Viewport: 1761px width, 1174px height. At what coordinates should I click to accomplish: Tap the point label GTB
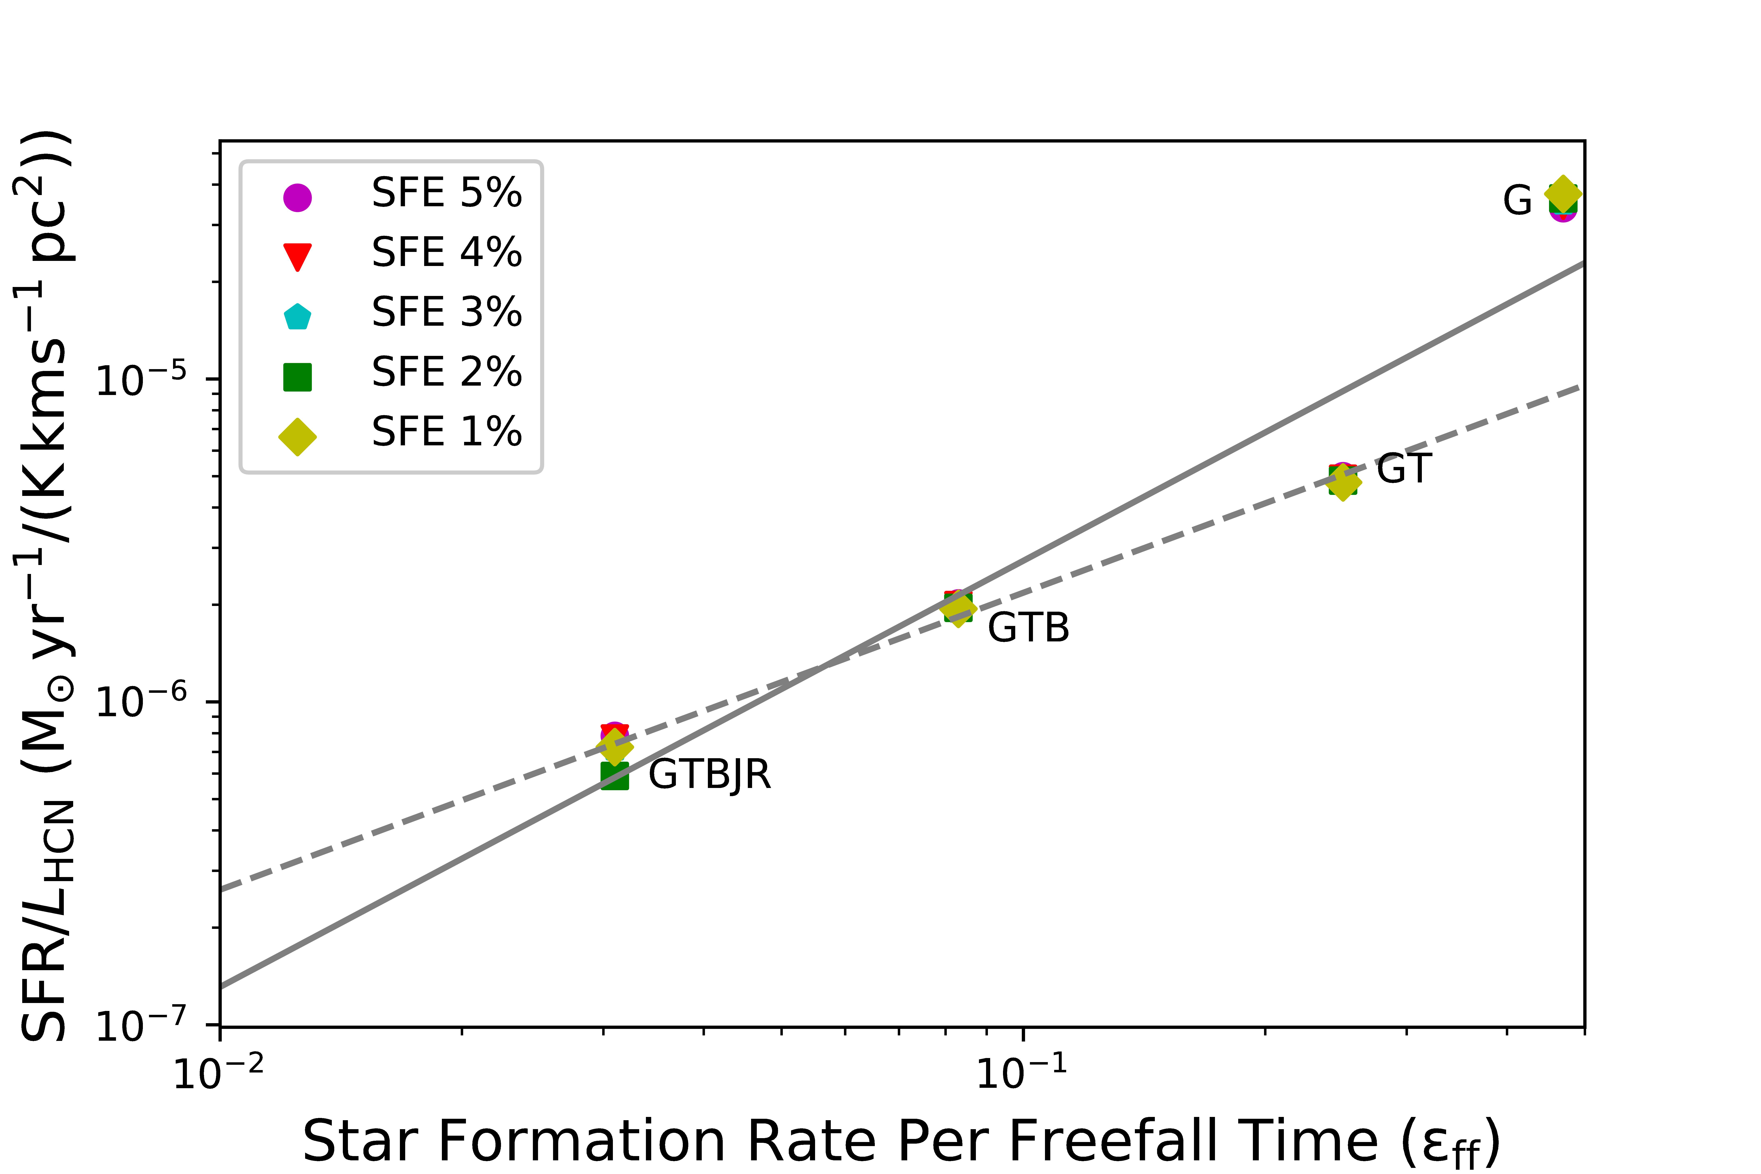pyautogui.click(x=1028, y=627)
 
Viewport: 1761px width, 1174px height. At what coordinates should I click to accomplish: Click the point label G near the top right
pyautogui.click(x=1517, y=201)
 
